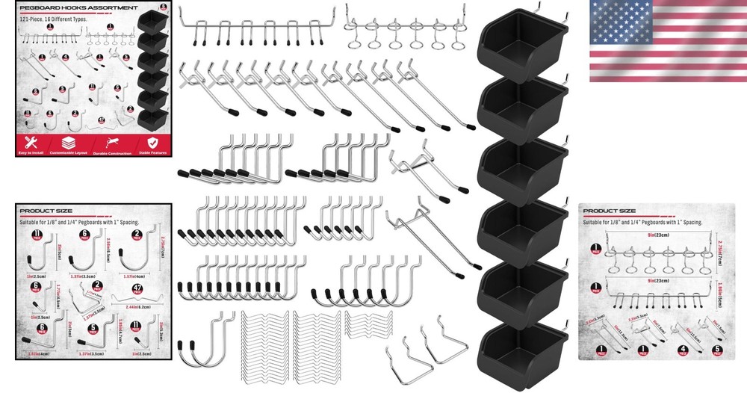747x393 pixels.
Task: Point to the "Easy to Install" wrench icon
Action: click(31, 142)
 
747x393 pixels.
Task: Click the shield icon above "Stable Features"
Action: click(152, 142)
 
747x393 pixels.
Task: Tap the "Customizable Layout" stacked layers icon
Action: click(68, 142)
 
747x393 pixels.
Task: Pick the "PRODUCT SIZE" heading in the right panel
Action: click(609, 211)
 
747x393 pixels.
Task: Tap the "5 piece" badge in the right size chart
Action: click(719, 347)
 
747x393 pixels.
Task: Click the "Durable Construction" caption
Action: click(112, 152)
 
